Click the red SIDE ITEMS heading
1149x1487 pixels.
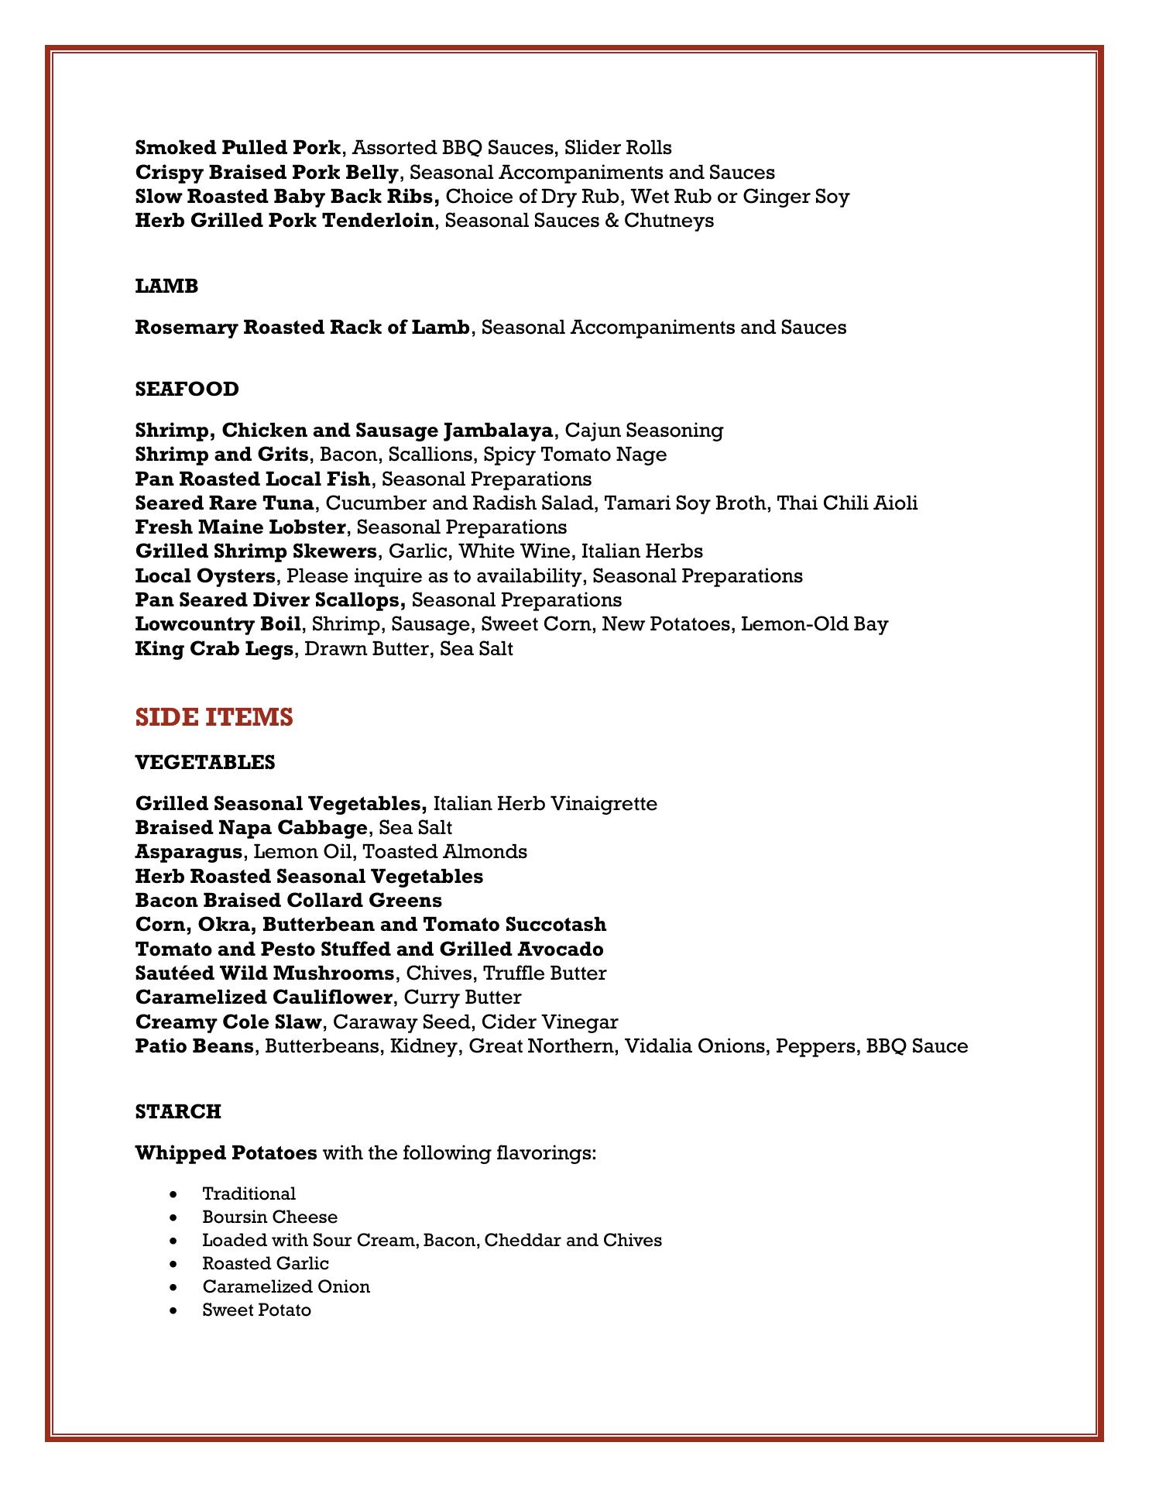pos(214,718)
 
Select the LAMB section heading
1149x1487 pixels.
pos(166,287)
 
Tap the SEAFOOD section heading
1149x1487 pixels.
pos(187,389)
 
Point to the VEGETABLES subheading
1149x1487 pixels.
pos(205,763)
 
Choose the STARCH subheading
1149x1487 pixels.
pos(178,1112)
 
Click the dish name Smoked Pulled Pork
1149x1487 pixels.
pos(238,148)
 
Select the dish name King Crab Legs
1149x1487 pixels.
pos(214,649)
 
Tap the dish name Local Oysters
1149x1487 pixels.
pos(205,576)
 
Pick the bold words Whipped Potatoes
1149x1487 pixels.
pos(226,1153)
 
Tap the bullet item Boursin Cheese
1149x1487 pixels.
pos(270,1217)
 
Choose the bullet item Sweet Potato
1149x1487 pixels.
pos(257,1310)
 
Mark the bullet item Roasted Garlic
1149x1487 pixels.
pos(266,1264)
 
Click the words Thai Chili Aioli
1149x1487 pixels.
pos(847,503)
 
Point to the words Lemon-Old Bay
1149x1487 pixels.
pos(815,624)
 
